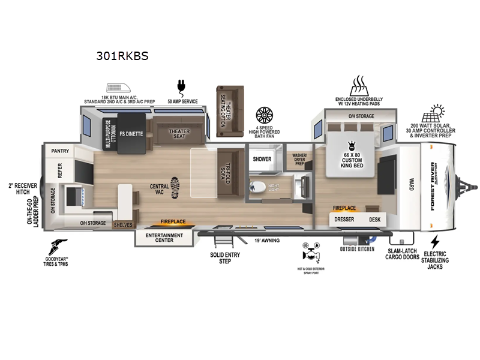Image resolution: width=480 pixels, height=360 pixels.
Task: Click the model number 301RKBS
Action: tap(122, 56)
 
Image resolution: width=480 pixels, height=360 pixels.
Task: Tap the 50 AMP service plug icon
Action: tap(179, 86)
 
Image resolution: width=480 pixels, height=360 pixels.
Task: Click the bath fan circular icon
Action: tap(264, 115)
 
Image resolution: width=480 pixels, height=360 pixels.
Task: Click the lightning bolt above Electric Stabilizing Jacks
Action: tap(435, 242)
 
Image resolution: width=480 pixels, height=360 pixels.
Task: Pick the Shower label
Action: tap(262, 159)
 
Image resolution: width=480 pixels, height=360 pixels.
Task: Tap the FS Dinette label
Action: tap(131, 134)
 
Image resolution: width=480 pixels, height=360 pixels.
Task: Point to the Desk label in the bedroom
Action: tap(375, 220)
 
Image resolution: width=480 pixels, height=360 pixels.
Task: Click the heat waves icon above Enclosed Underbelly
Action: tap(358, 83)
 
